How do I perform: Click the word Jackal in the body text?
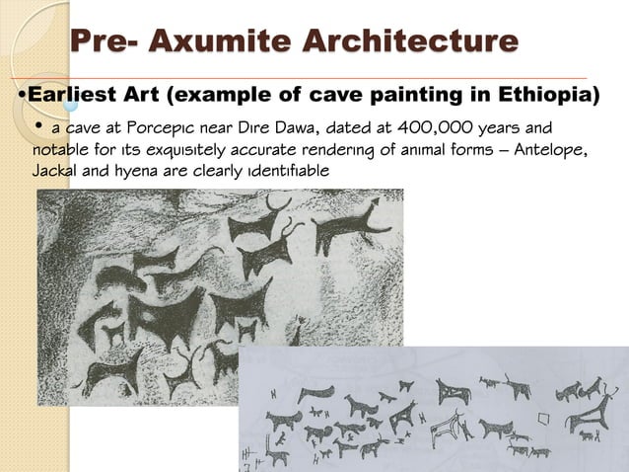[54, 171]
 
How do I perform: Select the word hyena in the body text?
[145, 171]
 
